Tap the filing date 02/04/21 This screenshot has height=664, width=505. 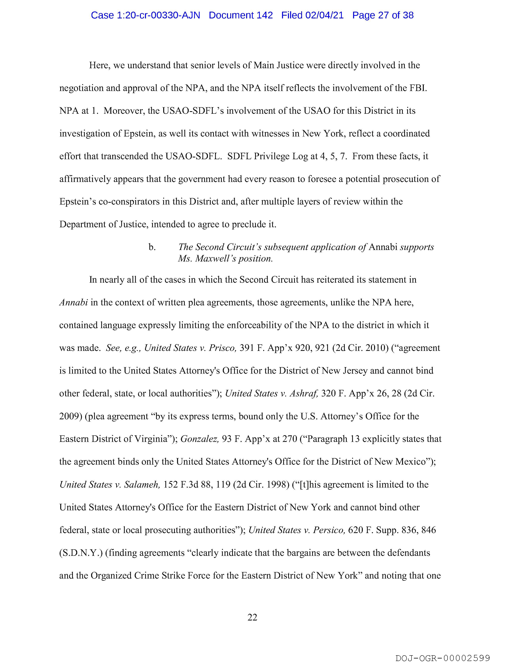point(324,15)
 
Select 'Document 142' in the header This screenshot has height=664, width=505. point(241,15)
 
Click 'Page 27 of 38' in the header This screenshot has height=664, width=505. point(383,15)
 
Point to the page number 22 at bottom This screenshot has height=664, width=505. point(252,618)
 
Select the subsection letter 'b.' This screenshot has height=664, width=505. point(152,247)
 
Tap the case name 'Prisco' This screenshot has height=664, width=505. point(222,348)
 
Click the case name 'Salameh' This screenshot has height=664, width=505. point(142,484)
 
